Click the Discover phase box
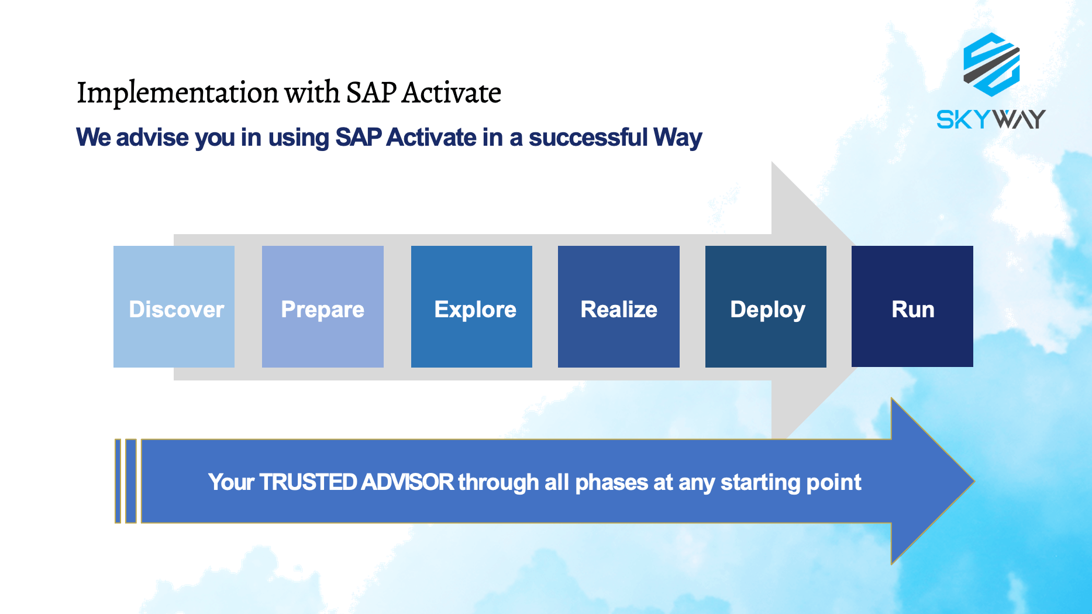coord(174,307)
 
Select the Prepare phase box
coord(323,307)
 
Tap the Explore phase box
coord(471,307)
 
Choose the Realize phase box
coord(619,307)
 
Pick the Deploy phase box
coord(766,307)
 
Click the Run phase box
coord(912,307)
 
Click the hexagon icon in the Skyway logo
coord(991,64)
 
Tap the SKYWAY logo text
coord(991,119)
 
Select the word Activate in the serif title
coord(452,92)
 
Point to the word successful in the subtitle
coord(588,138)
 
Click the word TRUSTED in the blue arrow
coord(308,482)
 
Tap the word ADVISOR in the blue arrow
coord(408,482)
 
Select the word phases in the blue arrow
coord(612,483)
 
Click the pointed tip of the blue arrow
coord(973,481)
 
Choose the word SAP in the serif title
coord(371,92)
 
